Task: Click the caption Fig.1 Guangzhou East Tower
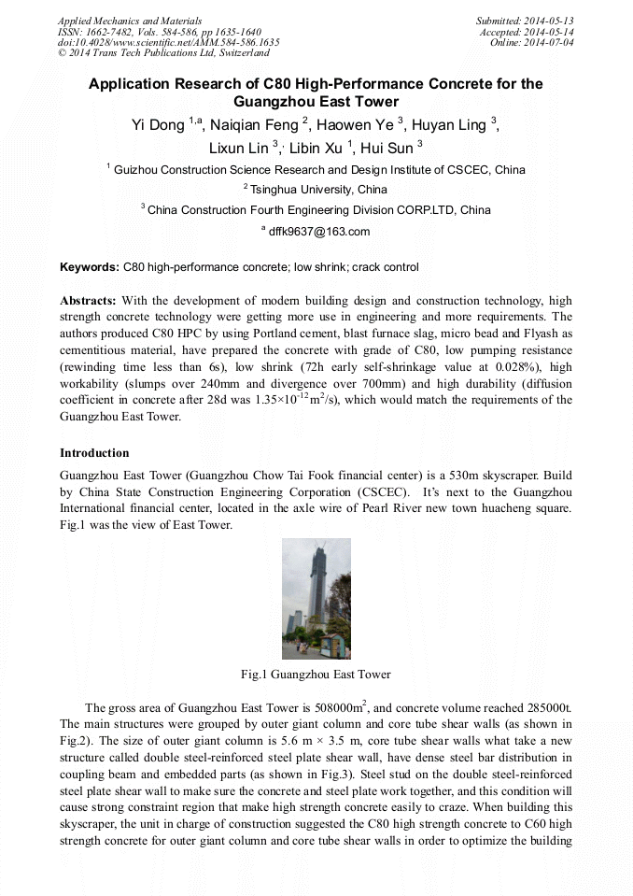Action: coord(316,675)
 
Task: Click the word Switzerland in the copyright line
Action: coord(238,53)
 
